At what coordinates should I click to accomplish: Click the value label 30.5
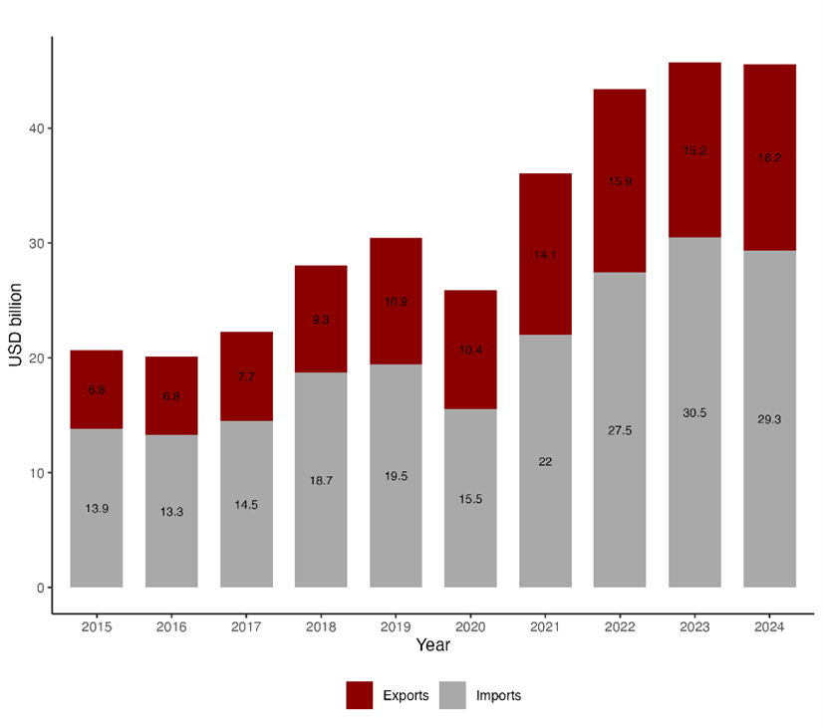point(694,412)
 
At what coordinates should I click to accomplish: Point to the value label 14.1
point(545,255)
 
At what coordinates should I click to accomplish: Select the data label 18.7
point(321,480)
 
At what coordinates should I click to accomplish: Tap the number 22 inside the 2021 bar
point(545,461)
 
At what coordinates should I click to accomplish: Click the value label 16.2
point(769,157)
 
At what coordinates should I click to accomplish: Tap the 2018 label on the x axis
point(321,627)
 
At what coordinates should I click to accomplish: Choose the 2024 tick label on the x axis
point(769,627)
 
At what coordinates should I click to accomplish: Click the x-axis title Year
point(433,646)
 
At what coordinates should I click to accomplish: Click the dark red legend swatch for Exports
point(360,695)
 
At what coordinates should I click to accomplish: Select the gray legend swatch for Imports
point(453,695)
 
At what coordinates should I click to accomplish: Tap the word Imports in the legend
point(498,695)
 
